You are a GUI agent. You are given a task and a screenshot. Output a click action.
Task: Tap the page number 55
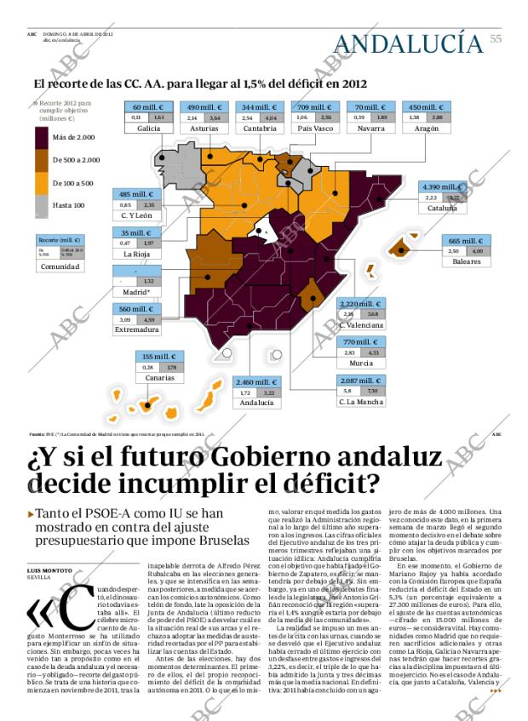[x=496, y=38]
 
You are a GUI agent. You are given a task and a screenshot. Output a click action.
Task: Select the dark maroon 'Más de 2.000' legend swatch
[x=42, y=137]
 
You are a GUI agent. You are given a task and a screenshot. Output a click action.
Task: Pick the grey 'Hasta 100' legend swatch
[x=42, y=205]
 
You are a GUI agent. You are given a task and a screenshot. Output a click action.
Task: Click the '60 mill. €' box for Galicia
[x=148, y=107]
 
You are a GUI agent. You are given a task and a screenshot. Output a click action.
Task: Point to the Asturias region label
[x=204, y=128]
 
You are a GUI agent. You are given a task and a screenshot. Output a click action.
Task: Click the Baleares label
[x=466, y=261]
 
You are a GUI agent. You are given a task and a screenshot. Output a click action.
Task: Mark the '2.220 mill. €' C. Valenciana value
[x=362, y=303]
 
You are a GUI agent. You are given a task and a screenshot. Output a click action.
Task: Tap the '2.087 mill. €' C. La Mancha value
[x=361, y=381]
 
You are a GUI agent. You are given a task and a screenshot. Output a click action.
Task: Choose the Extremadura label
[x=137, y=329]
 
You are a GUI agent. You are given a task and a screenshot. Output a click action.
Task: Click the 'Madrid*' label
[x=136, y=292]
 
